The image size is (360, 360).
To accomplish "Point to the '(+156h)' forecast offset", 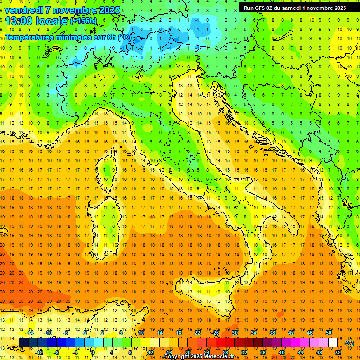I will pyautogui.click(x=83, y=21).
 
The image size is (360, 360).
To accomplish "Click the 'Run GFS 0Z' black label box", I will pyautogui.click(x=295, y=7).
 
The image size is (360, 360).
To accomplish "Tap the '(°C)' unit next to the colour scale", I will pyautogui.click(x=349, y=343).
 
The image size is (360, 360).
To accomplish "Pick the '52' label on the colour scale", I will pyautogui.click(x=337, y=352).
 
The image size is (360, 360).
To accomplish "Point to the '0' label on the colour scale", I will pyautogui.click(x=93, y=352).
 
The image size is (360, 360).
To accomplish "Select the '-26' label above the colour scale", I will pyautogui.click(x=215, y=333).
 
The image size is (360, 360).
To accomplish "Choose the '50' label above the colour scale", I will pyautogui.click(x=328, y=333).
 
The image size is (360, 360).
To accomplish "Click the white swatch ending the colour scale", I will pyautogui.click(x=333, y=343).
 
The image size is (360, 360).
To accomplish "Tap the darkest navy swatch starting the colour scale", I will pyautogui.click(x=23, y=343).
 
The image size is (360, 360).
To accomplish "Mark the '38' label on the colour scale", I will pyautogui.click(x=272, y=333).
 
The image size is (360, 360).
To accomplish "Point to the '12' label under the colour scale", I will pyautogui.click(x=150, y=352).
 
